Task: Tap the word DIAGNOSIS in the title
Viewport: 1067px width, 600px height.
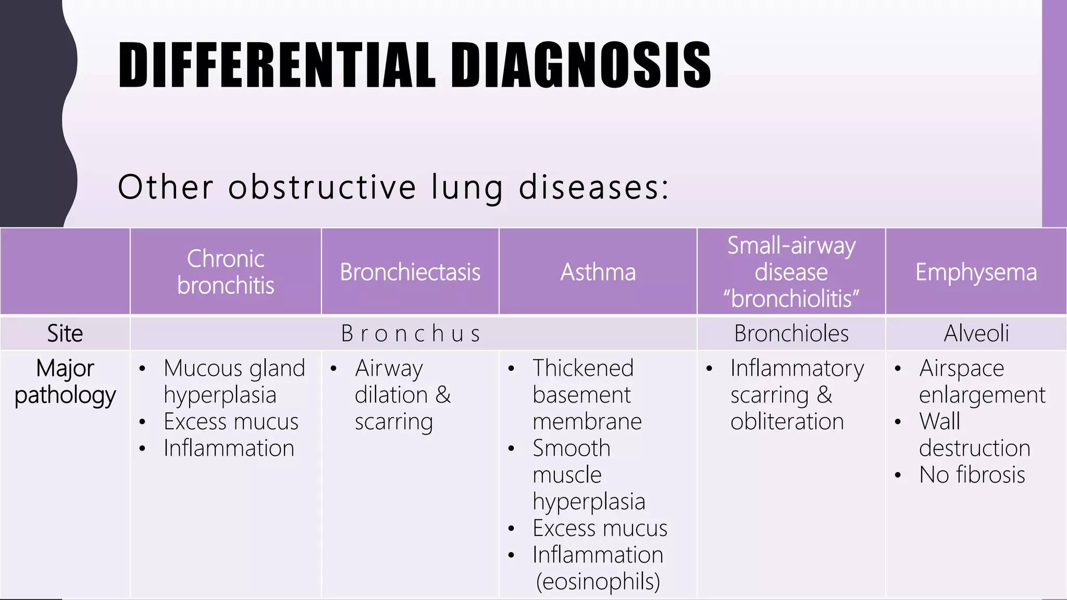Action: (581, 65)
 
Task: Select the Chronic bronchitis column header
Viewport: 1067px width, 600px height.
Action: (226, 272)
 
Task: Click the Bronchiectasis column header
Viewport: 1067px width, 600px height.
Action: (410, 272)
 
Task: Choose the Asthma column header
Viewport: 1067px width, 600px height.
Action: (598, 272)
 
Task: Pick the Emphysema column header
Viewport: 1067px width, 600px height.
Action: (976, 272)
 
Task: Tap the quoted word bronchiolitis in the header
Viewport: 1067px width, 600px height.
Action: (791, 298)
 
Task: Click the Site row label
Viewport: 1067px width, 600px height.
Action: (65, 333)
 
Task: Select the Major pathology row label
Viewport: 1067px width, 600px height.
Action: (65, 382)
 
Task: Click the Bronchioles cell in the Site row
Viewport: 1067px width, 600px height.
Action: (791, 333)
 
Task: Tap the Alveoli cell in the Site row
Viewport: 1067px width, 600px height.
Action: (976, 333)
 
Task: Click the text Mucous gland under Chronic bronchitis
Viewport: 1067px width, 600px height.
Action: (234, 368)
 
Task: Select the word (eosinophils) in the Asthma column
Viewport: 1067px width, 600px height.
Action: (598, 581)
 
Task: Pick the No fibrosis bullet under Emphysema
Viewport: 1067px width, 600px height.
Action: (972, 475)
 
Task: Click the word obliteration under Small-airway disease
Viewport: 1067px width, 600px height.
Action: (787, 421)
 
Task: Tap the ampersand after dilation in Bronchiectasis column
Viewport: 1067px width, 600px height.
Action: (443, 395)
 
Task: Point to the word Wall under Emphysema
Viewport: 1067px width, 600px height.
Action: (939, 421)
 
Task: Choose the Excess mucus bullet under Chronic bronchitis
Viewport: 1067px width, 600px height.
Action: (231, 421)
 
